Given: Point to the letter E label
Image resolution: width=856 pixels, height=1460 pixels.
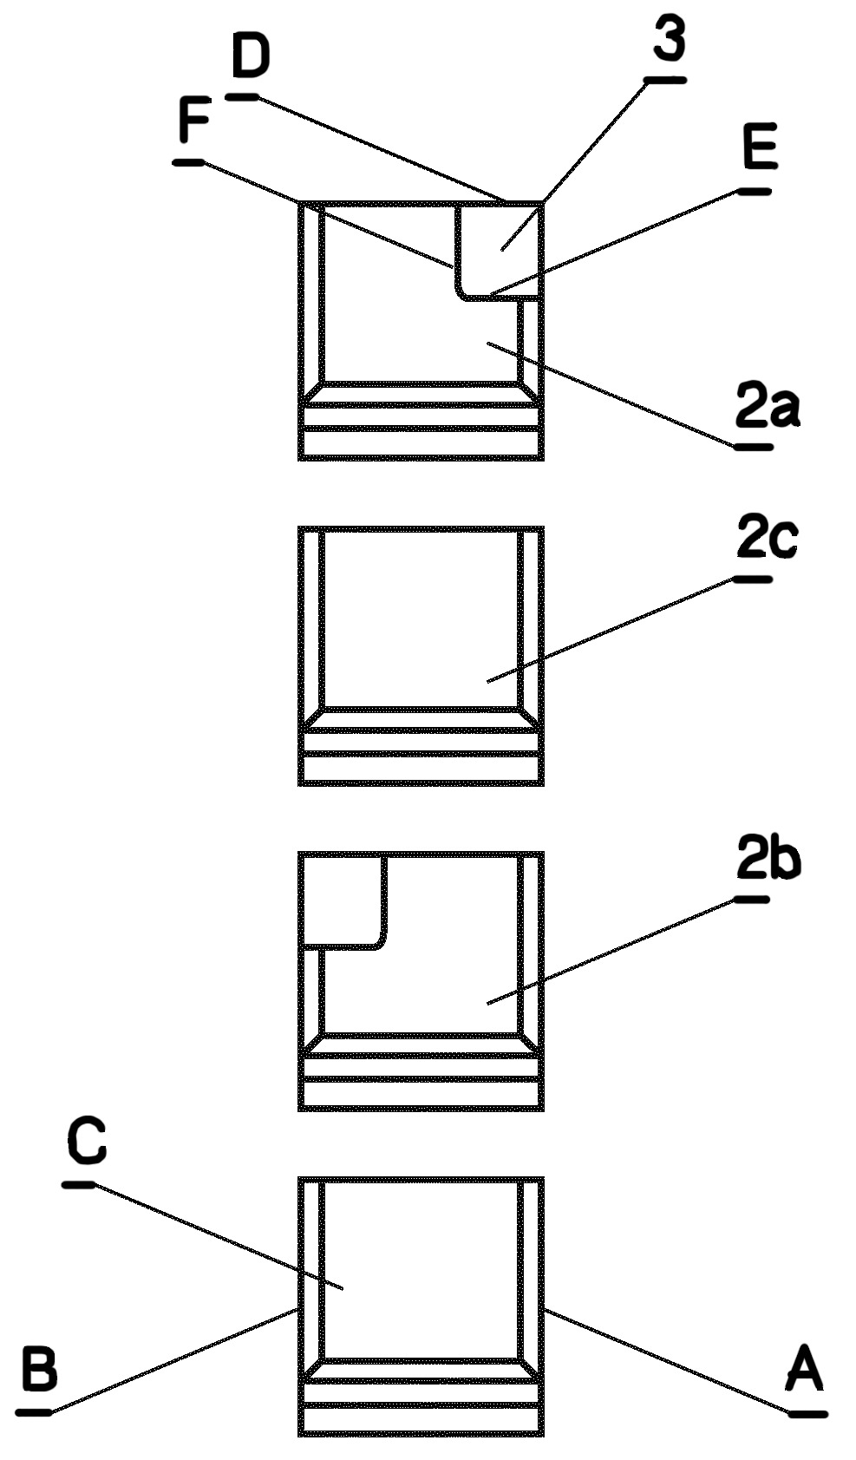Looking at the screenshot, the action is coord(761,149).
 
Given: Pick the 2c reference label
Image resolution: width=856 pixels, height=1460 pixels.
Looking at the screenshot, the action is coord(767,540).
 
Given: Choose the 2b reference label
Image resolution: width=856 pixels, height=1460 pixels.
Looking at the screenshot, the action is coord(768,861).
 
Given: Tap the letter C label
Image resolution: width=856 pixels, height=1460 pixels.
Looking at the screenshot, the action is coord(88,1142).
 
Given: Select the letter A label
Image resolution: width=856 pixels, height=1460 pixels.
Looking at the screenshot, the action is coord(805,1371).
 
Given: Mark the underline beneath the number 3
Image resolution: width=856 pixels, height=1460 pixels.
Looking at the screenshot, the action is coord(665,80).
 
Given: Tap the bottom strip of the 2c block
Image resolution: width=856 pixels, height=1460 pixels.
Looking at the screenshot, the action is coord(421,769).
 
